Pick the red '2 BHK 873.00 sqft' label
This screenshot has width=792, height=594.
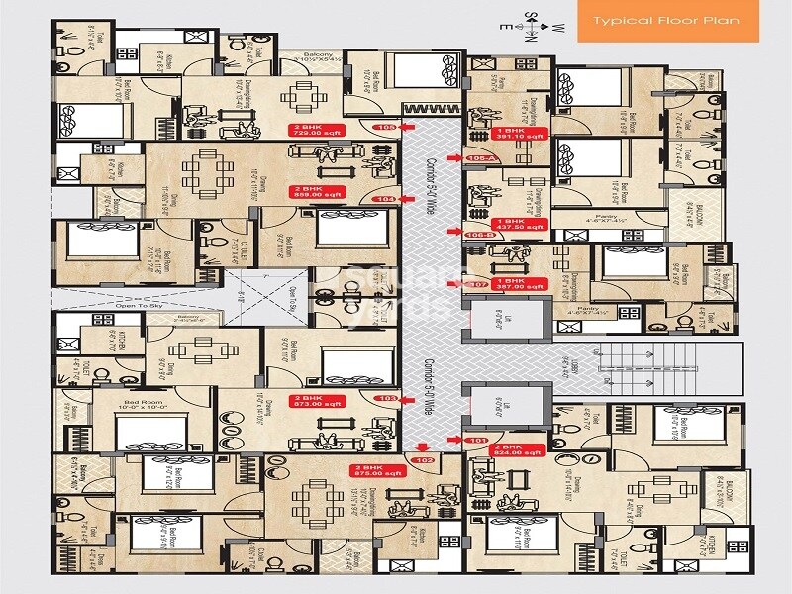pos(316,401)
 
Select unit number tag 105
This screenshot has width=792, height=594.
pos(386,128)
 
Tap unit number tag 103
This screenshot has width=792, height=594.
pos(388,398)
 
